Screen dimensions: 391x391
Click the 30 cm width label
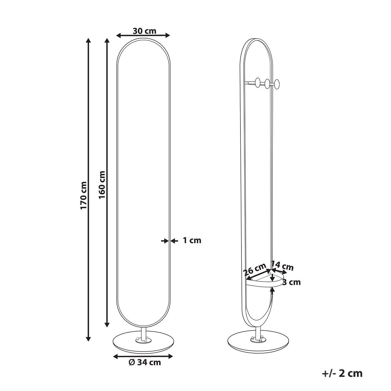pyautogui.click(x=144, y=31)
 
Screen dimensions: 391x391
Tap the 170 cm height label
pyautogui.click(x=84, y=195)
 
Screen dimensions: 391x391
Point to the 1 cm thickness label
pyautogui.click(x=192, y=241)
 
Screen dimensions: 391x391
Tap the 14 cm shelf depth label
pyautogui.click(x=282, y=267)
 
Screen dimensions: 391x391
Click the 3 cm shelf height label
pyautogui.click(x=291, y=282)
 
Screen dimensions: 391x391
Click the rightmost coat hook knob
pyautogui.click(x=277, y=84)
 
